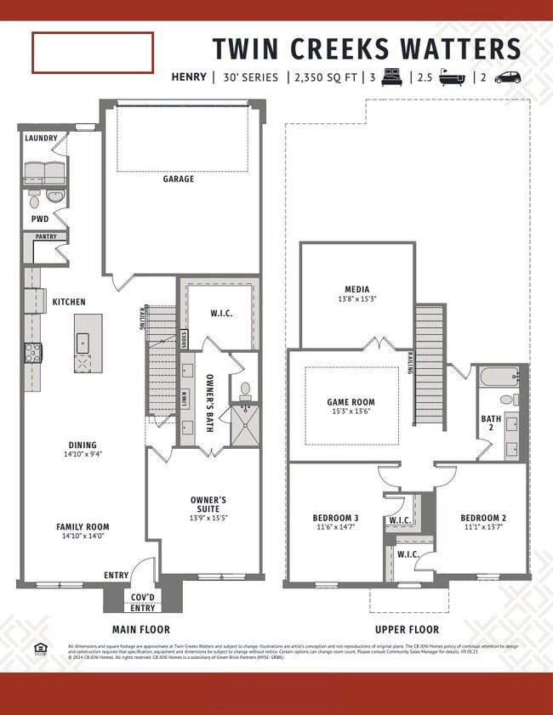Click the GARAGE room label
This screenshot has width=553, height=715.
tap(179, 179)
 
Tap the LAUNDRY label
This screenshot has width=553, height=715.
tap(41, 138)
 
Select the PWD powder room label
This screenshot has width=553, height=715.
tap(40, 218)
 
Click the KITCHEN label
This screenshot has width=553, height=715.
tap(69, 302)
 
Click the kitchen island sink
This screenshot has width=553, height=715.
tap(83, 343)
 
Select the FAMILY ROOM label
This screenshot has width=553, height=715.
tap(83, 527)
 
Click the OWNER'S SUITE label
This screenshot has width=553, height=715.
tap(208, 504)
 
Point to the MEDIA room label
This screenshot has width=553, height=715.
tap(356, 289)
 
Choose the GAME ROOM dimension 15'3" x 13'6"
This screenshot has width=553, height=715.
tap(351, 412)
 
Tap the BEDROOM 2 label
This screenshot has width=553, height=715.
tap(483, 518)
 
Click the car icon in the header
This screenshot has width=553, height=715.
tap(507, 77)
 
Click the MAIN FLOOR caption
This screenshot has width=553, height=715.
tap(141, 630)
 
